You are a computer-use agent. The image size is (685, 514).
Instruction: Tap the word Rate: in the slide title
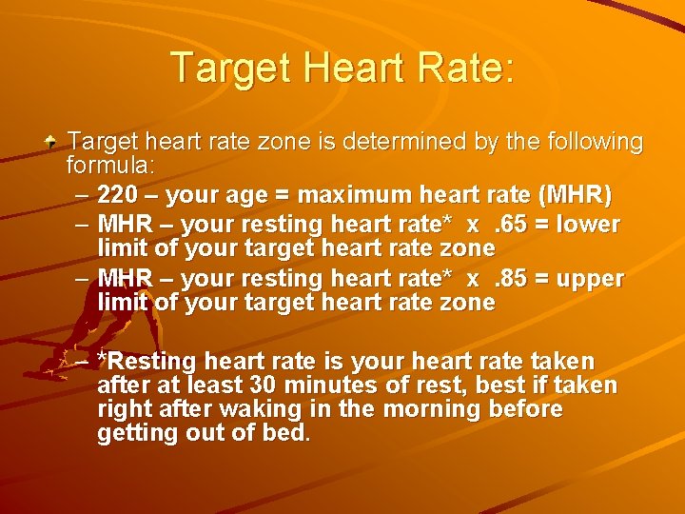(x=465, y=68)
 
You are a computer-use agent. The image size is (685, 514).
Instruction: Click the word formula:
(x=111, y=166)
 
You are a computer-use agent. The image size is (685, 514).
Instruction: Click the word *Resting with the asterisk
(x=147, y=363)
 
